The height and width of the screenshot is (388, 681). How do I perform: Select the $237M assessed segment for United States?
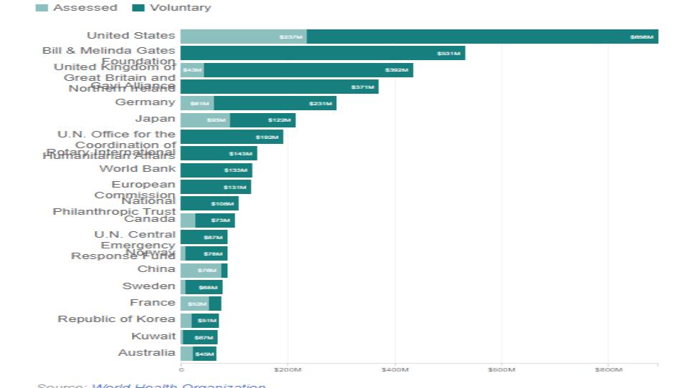click(x=244, y=37)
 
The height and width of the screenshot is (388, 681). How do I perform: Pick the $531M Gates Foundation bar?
click(x=323, y=53)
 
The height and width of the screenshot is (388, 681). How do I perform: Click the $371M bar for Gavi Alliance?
click(x=280, y=87)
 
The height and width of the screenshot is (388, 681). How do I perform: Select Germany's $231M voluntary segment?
click(x=275, y=103)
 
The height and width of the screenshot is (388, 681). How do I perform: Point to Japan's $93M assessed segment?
click(x=205, y=120)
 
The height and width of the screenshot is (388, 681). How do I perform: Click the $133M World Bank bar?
click(x=216, y=170)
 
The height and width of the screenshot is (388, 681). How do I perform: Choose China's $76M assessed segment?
click(x=201, y=271)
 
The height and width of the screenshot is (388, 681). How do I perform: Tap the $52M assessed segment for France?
click(x=194, y=304)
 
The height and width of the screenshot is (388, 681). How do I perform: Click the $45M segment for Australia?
click(x=204, y=354)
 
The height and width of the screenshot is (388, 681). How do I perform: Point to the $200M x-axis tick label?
click(x=287, y=369)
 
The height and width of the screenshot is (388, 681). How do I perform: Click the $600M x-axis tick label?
click(x=501, y=369)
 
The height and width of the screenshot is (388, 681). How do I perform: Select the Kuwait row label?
click(x=153, y=336)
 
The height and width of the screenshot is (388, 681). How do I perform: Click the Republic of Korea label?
click(x=116, y=319)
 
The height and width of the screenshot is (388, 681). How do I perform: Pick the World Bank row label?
click(x=137, y=169)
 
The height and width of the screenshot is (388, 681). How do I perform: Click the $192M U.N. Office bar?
click(x=232, y=137)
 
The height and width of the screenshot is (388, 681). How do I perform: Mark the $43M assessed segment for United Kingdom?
click(x=192, y=70)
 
